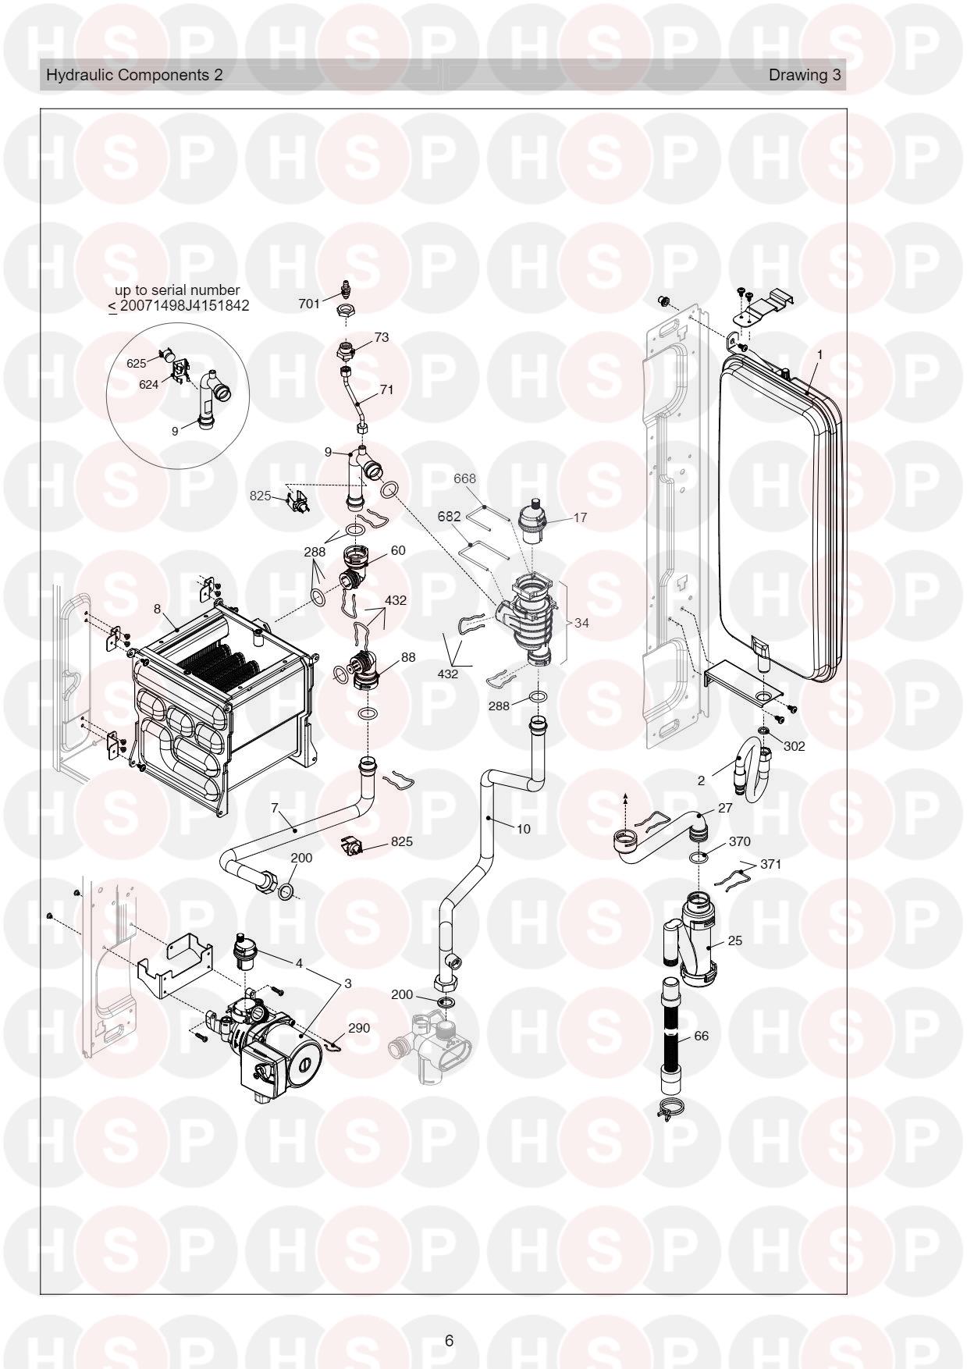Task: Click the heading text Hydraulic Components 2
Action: point(134,75)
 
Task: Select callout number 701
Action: point(310,304)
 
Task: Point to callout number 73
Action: point(382,337)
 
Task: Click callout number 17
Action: point(580,517)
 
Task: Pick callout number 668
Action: point(465,478)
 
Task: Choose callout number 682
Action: point(449,517)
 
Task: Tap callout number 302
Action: point(794,745)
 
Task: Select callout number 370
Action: point(739,841)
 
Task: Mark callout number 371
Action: point(770,864)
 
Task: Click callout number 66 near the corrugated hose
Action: point(702,1036)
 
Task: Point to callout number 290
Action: point(359,1028)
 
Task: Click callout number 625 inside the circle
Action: point(137,364)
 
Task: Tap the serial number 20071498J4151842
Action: point(185,305)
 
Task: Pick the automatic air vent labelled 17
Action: point(535,520)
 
